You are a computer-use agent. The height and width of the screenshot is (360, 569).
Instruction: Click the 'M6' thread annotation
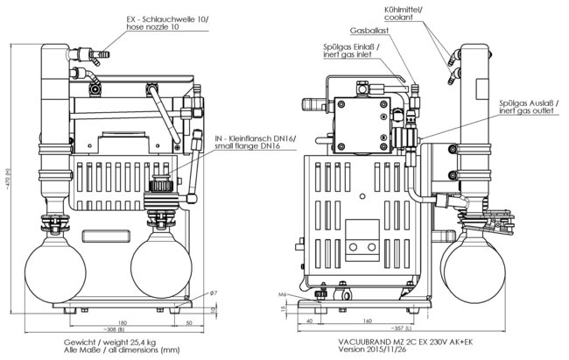tap(284, 293)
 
